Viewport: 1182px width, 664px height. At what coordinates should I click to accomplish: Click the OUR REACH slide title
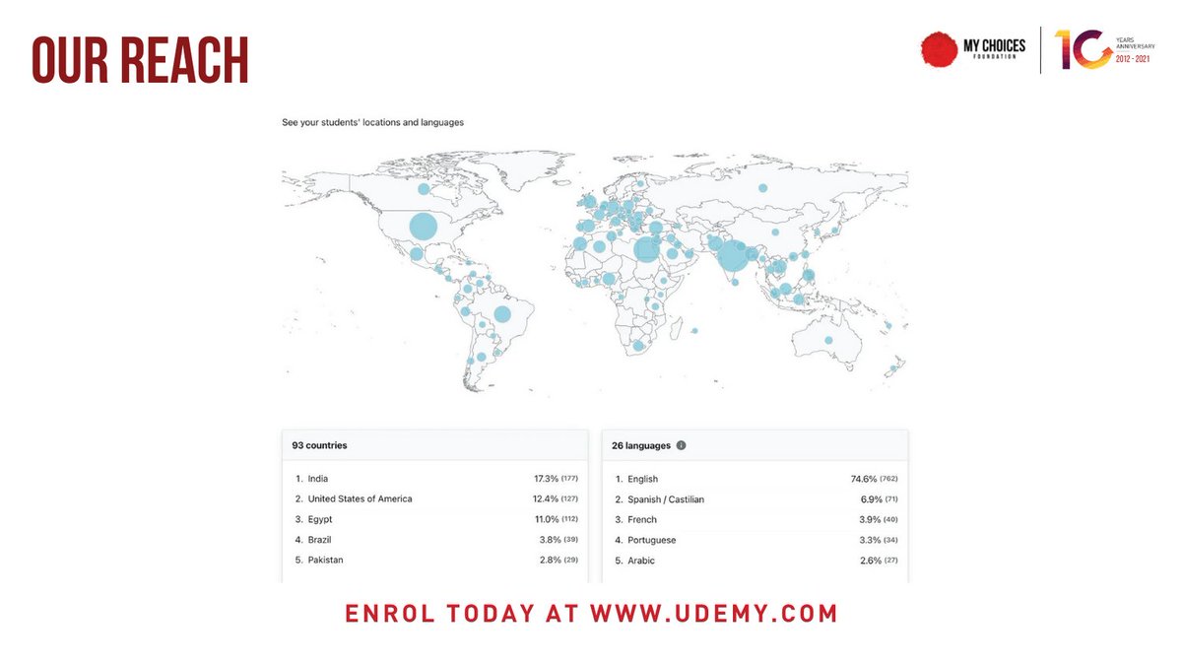(140, 61)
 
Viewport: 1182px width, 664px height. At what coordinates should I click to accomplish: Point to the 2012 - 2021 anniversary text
(1130, 58)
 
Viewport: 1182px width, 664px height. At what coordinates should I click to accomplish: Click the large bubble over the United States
(423, 227)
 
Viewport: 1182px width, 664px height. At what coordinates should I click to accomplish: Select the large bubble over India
(732, 256)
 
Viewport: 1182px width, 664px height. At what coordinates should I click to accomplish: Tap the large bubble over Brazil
(501, 314)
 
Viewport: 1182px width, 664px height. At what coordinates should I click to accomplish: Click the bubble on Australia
(828, 340)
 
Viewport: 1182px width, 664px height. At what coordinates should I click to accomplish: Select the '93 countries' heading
(319, 445)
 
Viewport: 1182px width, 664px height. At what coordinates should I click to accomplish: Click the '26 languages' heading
(641, 445)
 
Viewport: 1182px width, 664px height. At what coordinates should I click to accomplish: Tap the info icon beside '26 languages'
(681, 445)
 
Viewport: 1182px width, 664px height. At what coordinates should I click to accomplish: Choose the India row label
(317, 479)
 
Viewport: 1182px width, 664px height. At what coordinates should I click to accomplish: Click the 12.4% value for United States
(547, 498)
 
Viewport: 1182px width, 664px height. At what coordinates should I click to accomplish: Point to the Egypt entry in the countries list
(319, 519)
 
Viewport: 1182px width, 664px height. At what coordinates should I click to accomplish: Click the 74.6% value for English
(864, 479)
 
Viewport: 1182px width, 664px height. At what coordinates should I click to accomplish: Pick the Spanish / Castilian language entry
(666, 499)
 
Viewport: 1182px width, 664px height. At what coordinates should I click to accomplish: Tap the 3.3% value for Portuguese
(868, 540)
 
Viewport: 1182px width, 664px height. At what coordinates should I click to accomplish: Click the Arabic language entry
(641, 561)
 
